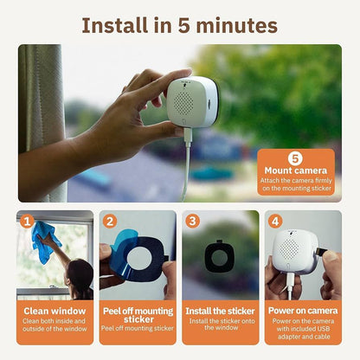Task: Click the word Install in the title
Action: [114, 25]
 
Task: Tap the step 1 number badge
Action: [27, 221]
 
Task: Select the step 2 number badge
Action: [110, 221]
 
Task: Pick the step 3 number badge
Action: [192, 221]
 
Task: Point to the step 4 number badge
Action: [275, 221]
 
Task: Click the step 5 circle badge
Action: [295, 158]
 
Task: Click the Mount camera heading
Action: [295, 171]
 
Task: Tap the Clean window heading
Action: [55, 310]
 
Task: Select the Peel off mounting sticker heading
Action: [137, 314]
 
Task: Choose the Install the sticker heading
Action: [219, 310]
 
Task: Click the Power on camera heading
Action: [302, 310]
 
